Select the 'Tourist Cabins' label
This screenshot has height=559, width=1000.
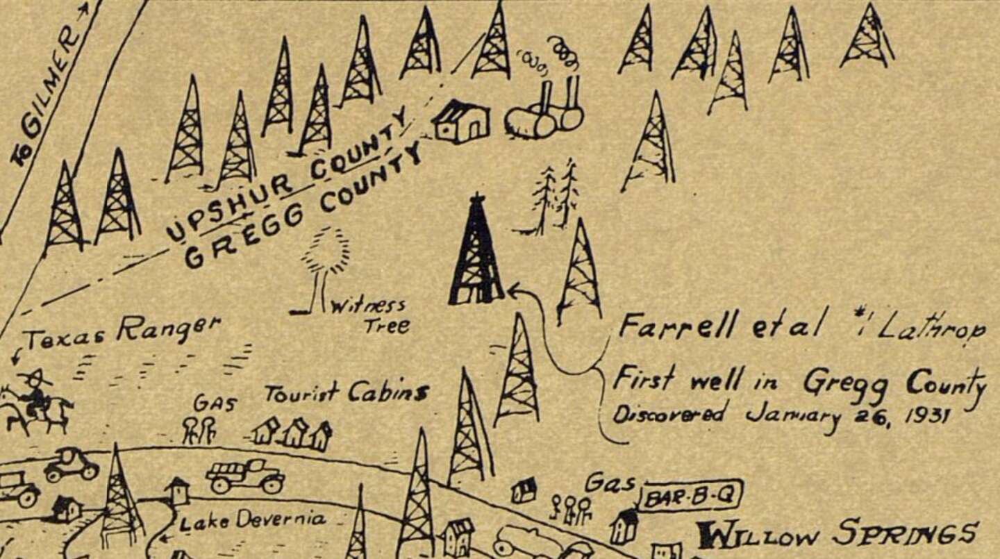pyautogui.click(x=345, y=393)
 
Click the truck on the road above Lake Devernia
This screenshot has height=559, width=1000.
pyautogui.click(x=245, y=476)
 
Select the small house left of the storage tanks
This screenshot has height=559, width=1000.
pyautogui.click(x=461, y=122)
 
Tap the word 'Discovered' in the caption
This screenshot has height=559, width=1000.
pyautogui.click(x=669, y=414)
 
